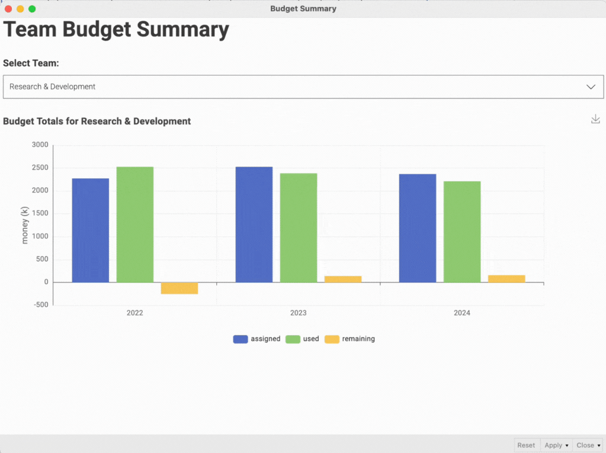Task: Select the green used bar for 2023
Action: point(299,227)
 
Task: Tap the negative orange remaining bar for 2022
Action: point(179,288)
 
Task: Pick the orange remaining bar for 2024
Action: point(506,278)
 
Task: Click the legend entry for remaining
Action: point(350,339)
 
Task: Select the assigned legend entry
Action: point(256,339)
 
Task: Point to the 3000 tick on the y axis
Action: point(40,144)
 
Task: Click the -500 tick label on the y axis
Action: point(40,305)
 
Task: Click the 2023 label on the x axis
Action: point(299,313)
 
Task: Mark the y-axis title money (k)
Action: point(25,225)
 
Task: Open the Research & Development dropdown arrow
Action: point(591,86)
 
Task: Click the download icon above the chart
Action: point(595,119)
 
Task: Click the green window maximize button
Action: point(32,9)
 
